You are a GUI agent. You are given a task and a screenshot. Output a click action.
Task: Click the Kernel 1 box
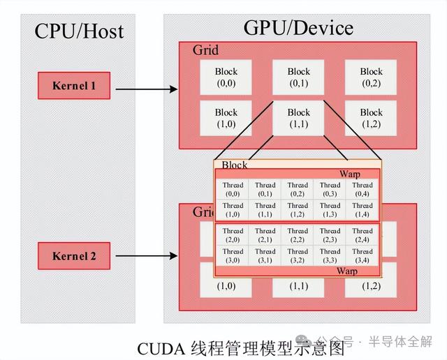click(73, 87)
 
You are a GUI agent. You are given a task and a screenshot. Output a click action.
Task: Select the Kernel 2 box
click(73, 256)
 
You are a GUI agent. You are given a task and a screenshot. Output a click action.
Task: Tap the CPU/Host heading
click(79, 31)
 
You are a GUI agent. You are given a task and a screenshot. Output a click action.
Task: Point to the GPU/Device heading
click(298, 29)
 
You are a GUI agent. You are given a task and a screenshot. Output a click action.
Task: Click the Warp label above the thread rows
click(350, 173)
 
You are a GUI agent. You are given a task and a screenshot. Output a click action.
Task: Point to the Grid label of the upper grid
click(205, 50)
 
